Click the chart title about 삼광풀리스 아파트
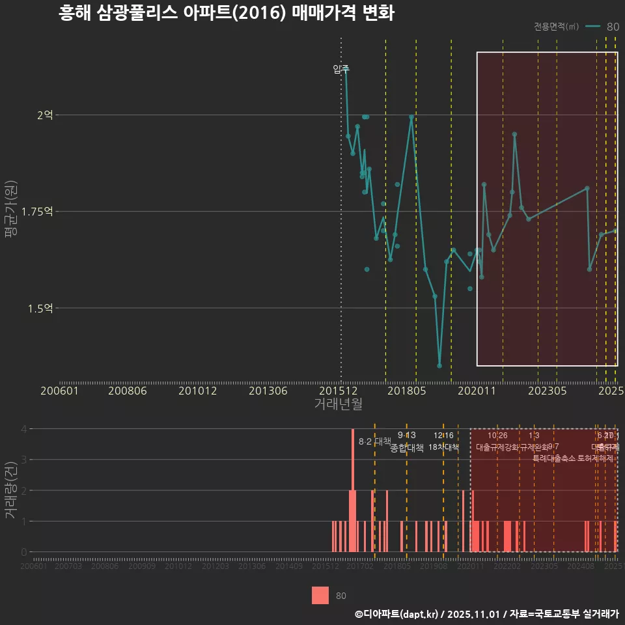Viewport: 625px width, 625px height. coord(226,13)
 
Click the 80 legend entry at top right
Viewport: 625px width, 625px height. coord(602,27)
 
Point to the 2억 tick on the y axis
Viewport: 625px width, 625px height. coord(45,115)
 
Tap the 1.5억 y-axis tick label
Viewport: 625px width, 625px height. coord(40,308)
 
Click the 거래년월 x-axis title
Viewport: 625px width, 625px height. coord(338,404)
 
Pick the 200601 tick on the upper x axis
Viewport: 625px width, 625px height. coord(59,391)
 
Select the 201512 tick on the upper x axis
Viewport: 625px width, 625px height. coord(340,391)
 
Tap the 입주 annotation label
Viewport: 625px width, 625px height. coord(341,69)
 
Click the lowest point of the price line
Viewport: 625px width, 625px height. coord(439,366)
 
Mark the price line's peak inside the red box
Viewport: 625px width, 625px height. coord(514,134)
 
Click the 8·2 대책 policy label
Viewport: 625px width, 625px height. coord(375,441)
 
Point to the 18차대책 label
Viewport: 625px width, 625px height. coord(443,447)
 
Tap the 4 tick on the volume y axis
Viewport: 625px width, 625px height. coord(24,429)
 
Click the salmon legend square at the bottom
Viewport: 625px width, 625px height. coord(320,595)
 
